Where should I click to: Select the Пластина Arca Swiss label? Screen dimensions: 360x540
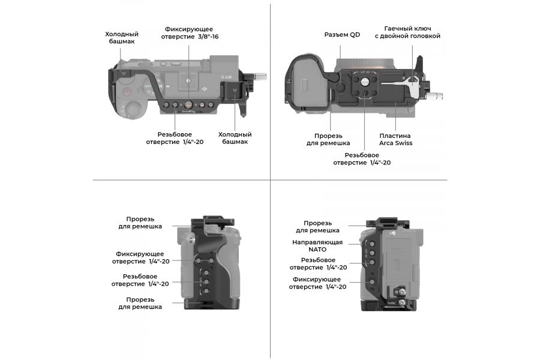(395, 139)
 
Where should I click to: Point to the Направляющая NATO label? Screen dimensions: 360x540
(317, 246)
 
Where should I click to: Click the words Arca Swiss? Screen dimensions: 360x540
(395, 143)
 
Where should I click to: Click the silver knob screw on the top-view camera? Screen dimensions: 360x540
(260, 76)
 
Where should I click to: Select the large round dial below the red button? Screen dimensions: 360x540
(134, 110)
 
